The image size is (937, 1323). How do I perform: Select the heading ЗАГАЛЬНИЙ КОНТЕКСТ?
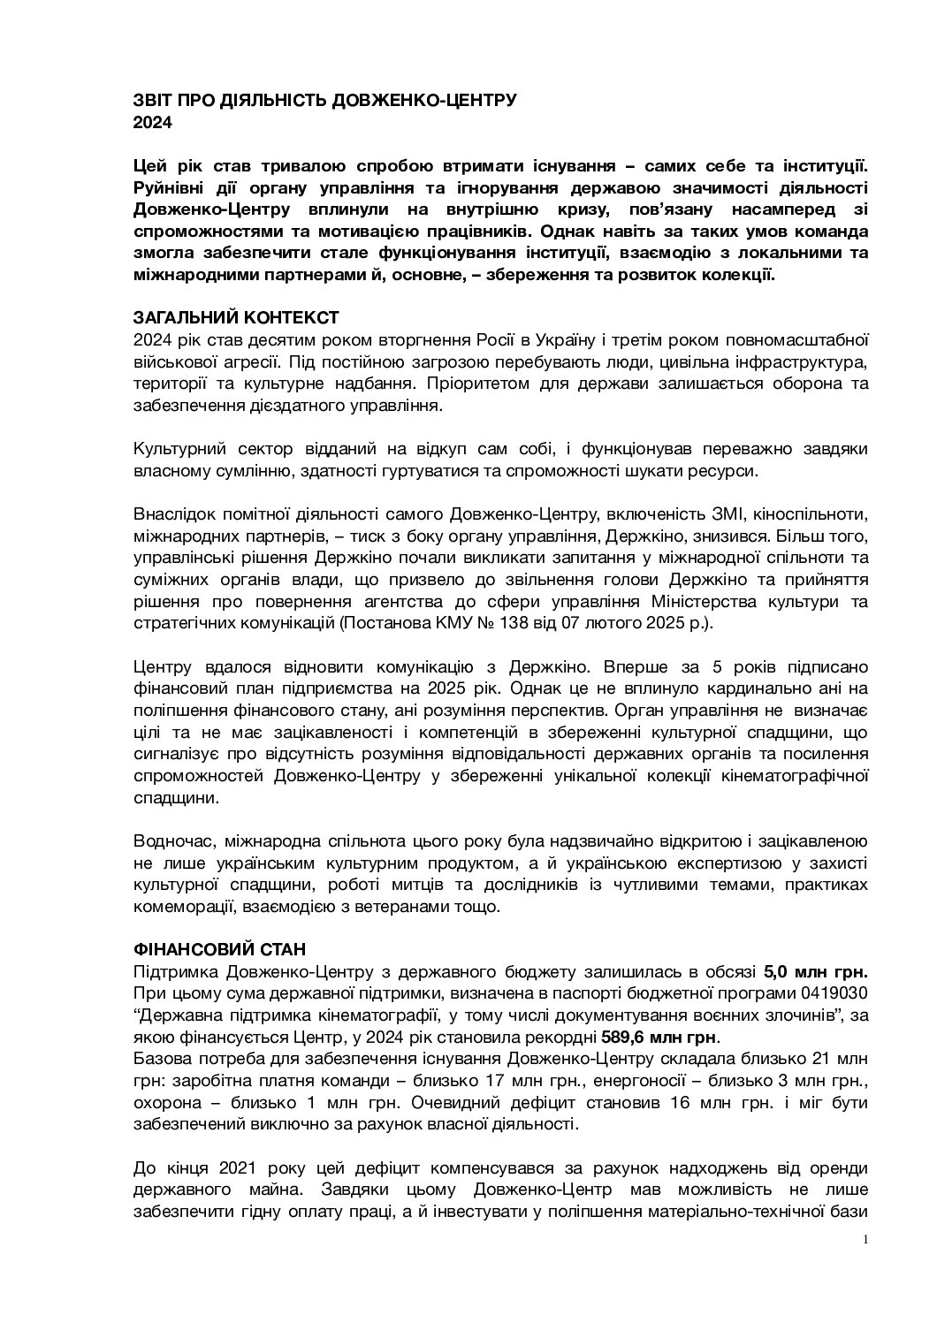(235, 317)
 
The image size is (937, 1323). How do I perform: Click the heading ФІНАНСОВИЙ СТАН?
(219, 949)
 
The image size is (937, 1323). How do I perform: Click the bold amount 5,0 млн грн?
(816, 971)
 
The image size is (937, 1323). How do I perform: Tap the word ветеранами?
(396, 906)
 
